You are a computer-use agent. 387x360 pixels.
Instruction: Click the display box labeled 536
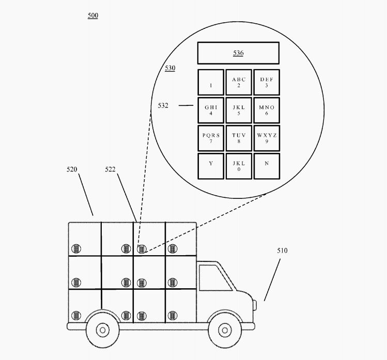tap(238, 53)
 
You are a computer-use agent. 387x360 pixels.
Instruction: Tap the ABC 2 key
tap(239, 83)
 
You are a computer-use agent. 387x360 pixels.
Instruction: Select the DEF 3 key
tap(267, 83)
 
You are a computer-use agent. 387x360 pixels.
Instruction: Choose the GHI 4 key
tap(211, 111)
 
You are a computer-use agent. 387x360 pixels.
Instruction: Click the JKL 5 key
tap(239, 111)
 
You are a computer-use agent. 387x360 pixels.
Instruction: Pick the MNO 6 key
tap(267, 111)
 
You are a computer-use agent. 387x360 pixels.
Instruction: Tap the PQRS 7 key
tap(211, 138)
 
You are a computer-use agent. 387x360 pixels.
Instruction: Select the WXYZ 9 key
tap(267, 138)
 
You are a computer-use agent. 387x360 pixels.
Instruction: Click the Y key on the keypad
tap(211, 166)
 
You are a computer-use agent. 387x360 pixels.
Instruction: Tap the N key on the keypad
tap(267, 166)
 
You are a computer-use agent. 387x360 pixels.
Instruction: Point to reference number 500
tap(92, 15)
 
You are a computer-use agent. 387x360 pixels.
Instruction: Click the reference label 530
tap(170, 68)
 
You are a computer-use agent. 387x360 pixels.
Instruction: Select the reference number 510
tap(282, 251)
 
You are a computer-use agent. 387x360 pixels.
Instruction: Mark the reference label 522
tap(111, 169)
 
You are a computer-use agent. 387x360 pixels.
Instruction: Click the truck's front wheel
tap(224, 329)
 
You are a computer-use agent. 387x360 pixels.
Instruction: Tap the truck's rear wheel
tap(103, 329)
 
